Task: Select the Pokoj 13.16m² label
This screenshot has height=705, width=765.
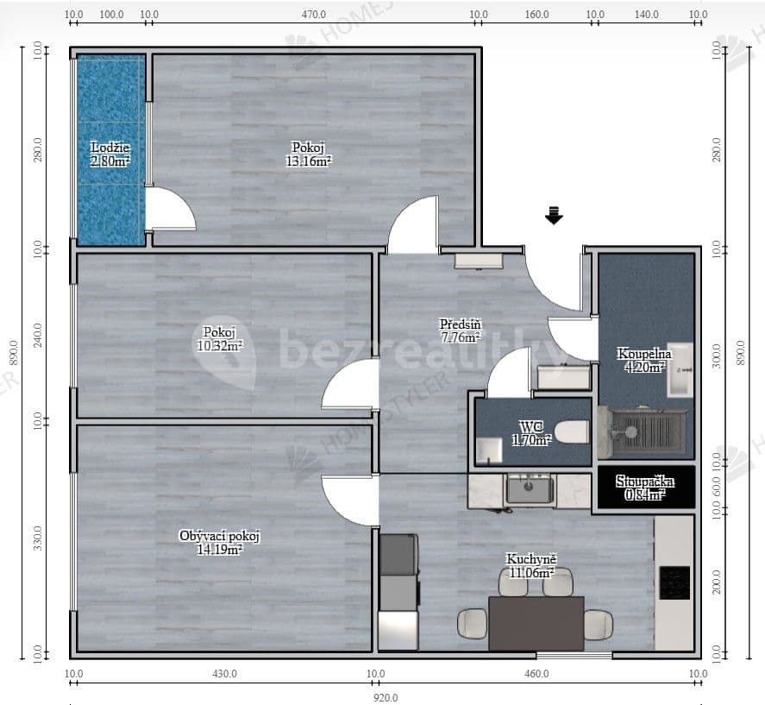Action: pos(310,154)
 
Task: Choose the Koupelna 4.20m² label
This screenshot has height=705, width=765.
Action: pos(643,360)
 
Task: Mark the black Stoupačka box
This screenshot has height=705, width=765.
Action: pos(645,488)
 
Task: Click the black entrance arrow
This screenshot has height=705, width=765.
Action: pos(554,216)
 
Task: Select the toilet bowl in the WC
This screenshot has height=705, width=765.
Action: pos(571,431)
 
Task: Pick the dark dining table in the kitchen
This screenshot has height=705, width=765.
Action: pos(536,623)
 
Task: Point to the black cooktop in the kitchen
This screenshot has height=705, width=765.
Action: pos(674,583)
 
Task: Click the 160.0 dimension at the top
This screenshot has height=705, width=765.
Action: pos(536,15)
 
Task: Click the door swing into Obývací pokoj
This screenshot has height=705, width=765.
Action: pos(352,500)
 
